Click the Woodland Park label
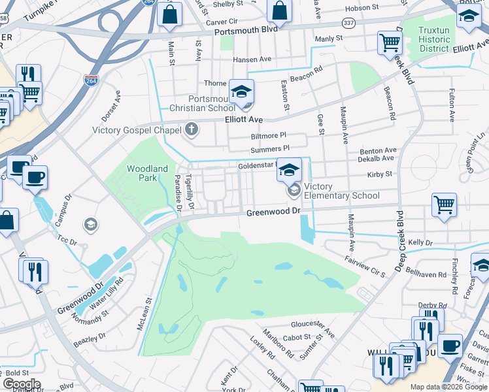point(147,173)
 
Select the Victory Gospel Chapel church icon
point(191,129)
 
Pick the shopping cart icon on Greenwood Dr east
point(444,205)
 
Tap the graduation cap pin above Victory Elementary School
point(289,171)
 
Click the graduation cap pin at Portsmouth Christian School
point(241,92)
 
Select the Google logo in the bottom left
point(22,384)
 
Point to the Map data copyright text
point(448,387)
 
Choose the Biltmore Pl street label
point(269,137)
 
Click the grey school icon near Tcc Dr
point(91,225)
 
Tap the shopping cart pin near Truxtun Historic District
point(390,43)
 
